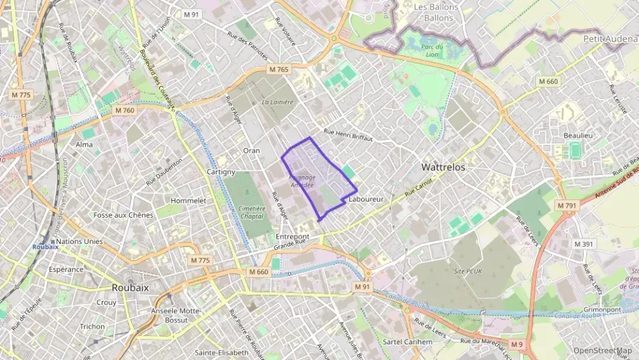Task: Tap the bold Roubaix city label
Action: coord(130,288)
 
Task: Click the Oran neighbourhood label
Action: coord(251,150)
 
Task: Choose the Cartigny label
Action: coord(221,172)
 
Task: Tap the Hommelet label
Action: coord(188,201)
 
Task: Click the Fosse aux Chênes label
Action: coord(124,215)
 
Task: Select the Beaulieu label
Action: coord(578,135)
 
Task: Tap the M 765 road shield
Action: coord(279,70)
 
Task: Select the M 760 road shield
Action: coord(125,110)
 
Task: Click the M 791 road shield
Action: coord(566,205)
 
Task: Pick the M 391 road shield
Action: coord(584,244)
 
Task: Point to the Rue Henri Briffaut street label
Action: coord(348,135)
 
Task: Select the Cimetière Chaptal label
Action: coord(252,212)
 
